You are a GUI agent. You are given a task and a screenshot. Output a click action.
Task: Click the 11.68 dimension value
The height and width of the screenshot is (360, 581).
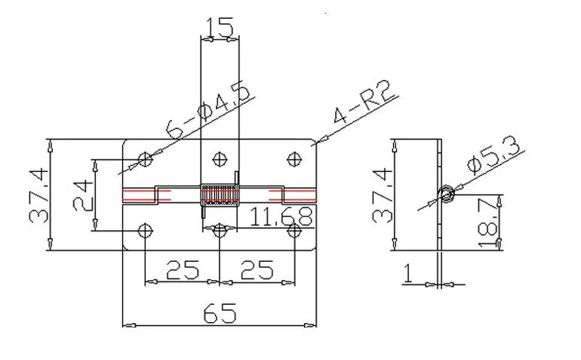281,218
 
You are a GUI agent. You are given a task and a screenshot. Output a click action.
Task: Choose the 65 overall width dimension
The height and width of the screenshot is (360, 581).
219,311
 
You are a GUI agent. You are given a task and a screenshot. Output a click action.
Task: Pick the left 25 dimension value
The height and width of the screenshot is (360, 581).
181,269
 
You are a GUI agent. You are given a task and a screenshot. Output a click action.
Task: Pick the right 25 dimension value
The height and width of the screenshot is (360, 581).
257,269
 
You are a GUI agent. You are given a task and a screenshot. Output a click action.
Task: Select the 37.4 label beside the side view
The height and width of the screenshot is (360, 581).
383,195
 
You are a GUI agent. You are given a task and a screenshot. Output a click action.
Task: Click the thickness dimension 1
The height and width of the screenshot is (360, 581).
407,272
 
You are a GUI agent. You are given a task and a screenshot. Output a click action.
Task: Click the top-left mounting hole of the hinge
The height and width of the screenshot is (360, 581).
146,158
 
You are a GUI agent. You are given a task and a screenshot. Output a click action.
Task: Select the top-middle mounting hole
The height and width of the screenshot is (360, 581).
220,158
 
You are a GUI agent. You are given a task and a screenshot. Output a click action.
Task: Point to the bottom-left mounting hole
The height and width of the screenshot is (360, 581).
146,230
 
